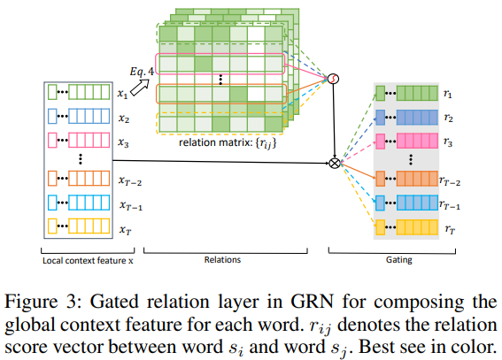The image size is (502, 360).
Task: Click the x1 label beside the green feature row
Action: [x=122, y=94]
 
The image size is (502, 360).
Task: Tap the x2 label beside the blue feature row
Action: [x=124, y=119]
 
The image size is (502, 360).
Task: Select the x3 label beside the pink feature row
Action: [x=123, y=142]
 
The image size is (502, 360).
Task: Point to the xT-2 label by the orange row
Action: [x=130, y=181]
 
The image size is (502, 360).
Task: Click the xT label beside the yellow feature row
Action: [x=125, y=230]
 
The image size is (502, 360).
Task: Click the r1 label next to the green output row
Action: [x=448, y=94]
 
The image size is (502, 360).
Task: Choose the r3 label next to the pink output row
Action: [x=448, y=142]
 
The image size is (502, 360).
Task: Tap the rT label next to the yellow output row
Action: [x=450, y=229]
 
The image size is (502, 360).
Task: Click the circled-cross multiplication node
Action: [x=335, y=163]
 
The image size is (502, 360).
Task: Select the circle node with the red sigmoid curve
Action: [x=333, y=79]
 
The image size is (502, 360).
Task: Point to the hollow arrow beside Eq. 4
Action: [x=140, y=88]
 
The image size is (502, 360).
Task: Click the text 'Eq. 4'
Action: [x=142, y=72]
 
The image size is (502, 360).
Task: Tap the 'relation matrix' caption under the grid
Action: [x=228, y=142]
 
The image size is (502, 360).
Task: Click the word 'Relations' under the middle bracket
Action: [x=222, y=260]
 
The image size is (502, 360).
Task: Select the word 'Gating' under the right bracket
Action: [x=399, y=260]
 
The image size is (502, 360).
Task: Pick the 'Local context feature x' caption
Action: [x=88, y=261]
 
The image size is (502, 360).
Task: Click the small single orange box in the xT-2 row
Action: [x=52, y=179]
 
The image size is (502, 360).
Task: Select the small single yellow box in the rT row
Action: [x=380, y=227]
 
